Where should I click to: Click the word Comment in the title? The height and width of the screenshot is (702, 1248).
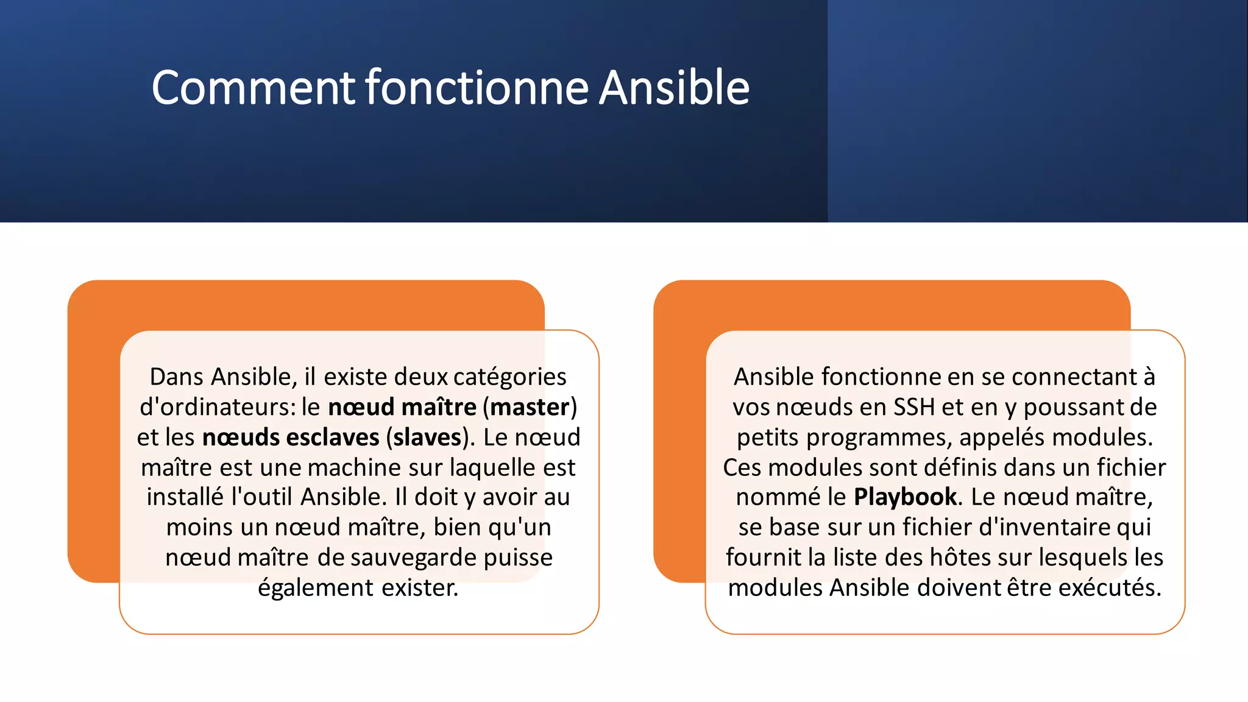click(253, 88)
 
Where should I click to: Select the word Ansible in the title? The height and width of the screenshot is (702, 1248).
click(674, 88)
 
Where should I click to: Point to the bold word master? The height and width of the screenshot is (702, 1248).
click(530, 407)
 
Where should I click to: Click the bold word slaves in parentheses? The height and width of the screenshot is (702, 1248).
click(427, 438)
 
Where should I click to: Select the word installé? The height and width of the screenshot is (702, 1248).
click(185, 497)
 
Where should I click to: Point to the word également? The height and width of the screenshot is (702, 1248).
click(316, 588)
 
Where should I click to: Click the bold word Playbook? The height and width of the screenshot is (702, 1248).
click(905, 497)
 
